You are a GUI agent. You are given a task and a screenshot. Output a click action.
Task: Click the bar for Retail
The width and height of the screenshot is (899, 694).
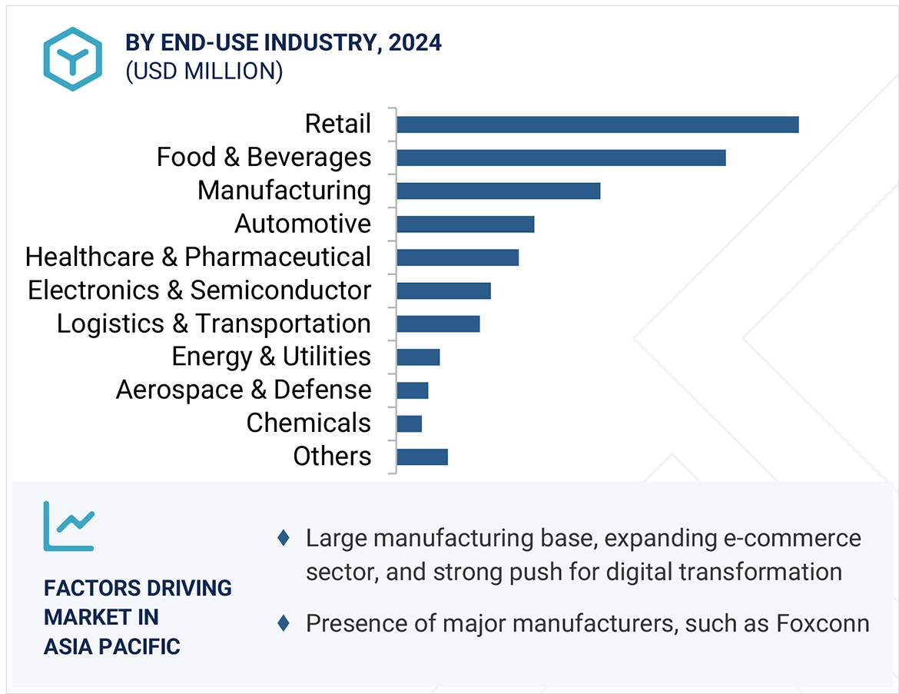(598, 125)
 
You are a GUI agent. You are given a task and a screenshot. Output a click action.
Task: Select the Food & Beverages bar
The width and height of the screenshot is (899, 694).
(561, 158)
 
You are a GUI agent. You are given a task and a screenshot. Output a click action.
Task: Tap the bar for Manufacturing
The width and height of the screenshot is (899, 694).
(498, 191)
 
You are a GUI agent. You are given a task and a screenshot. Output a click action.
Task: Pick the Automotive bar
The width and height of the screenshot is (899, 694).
(465, 224)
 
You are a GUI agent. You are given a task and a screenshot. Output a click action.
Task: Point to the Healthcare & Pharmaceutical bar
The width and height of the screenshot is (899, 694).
(457, 257)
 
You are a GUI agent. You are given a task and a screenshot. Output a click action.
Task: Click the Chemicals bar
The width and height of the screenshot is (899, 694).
(409, 423)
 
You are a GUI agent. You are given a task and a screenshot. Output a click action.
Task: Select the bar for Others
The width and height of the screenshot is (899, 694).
(422, 457)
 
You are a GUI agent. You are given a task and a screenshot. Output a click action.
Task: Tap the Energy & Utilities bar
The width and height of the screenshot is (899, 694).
(418, 357)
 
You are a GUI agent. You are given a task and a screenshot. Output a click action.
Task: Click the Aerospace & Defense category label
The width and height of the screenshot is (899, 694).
(244, 390)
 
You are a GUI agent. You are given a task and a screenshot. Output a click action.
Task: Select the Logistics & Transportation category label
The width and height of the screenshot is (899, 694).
(214, 324)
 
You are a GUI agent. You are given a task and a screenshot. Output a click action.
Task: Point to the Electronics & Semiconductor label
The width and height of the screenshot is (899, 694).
(200, 291)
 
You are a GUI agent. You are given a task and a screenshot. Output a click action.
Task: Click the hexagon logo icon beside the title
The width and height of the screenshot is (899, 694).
(72, 59)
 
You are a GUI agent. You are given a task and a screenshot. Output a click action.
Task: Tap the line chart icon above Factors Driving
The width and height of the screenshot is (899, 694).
(68, 526)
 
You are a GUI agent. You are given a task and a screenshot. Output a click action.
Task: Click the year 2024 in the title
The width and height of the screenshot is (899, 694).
(415, 43)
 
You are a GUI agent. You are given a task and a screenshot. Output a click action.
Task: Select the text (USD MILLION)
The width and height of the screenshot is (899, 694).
(204, 71)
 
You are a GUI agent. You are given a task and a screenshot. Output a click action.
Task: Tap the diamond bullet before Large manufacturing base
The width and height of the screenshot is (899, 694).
(283, 538)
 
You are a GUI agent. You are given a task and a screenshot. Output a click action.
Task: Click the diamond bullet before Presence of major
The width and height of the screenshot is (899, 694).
(283, 623)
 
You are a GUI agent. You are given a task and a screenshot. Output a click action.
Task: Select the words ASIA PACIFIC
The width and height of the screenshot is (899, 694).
(112, 646)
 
